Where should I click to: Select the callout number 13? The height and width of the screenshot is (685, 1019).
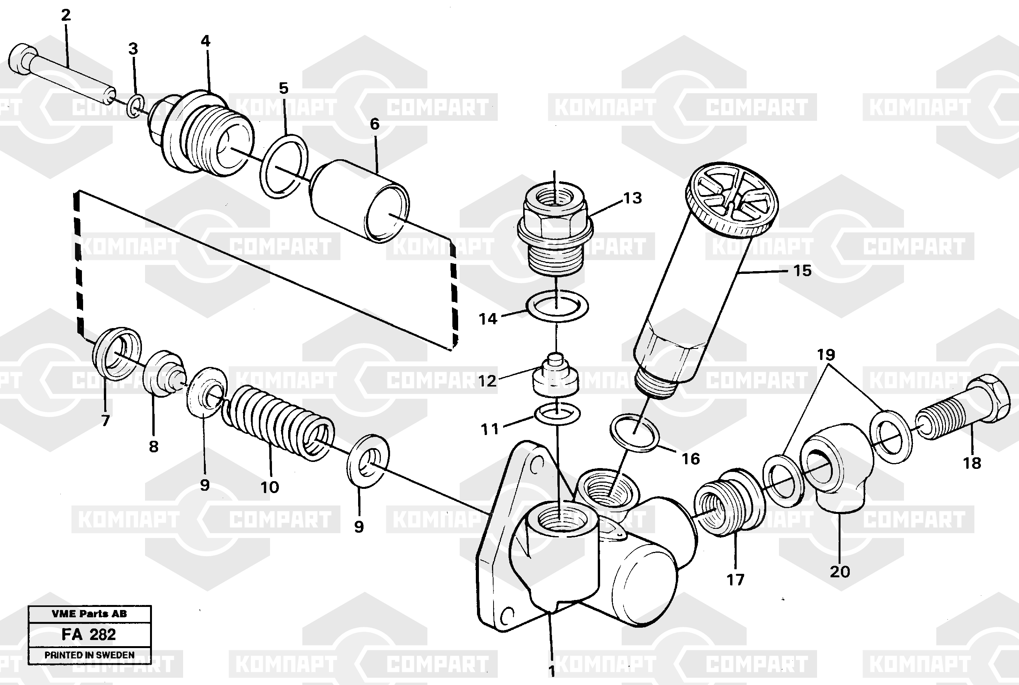632,198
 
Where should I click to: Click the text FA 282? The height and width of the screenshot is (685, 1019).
89,634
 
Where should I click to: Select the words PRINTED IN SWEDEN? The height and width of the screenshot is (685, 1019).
89,655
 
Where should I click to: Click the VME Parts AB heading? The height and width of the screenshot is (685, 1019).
89,614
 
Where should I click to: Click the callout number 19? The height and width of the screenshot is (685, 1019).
826,354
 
